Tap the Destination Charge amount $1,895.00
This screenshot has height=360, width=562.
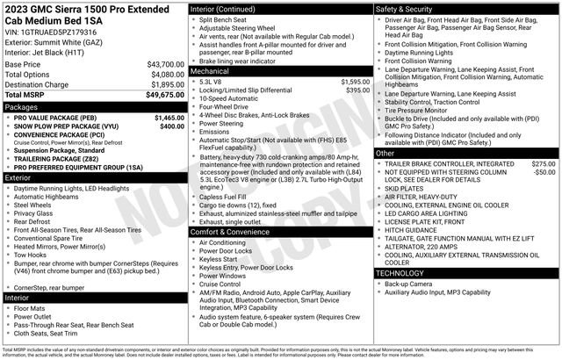167,84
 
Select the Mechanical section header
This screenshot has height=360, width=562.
210,70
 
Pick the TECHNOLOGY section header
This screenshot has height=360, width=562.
405,273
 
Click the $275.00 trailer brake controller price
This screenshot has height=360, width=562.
544,164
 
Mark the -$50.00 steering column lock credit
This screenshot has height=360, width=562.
544,173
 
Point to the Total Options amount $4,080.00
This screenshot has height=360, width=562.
167,75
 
